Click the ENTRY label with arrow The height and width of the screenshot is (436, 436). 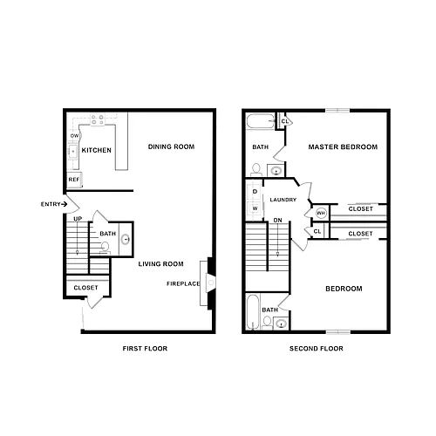coord(54,204)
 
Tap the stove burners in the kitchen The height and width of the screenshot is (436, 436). coord(97,119)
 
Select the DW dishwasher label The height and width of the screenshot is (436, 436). coord(74,136)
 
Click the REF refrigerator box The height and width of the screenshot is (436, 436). coord(74,180)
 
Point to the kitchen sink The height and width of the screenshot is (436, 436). coord(72,151)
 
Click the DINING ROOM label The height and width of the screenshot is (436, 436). coord(171,146)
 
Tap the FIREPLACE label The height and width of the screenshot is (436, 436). coord(183,283)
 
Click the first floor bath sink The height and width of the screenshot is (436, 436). coord(126,239)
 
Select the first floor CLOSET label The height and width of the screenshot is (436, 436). coord(85,288)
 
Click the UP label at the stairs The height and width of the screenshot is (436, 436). coord(78,219)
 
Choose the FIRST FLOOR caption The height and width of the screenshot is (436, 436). coord(145,349)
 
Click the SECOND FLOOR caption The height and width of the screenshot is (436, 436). coord(317,349)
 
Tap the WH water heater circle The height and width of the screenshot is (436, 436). coord(321,214)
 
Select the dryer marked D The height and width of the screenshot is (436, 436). coord(255,192)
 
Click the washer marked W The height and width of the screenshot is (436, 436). coord(255,208)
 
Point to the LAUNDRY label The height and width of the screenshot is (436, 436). coord(283,200)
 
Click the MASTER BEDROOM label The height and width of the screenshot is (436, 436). coord(343,147)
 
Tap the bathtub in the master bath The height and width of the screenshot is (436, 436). coord(261,121)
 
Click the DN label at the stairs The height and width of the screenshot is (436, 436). coord(277,221)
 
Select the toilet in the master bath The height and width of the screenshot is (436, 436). coord(256,170)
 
